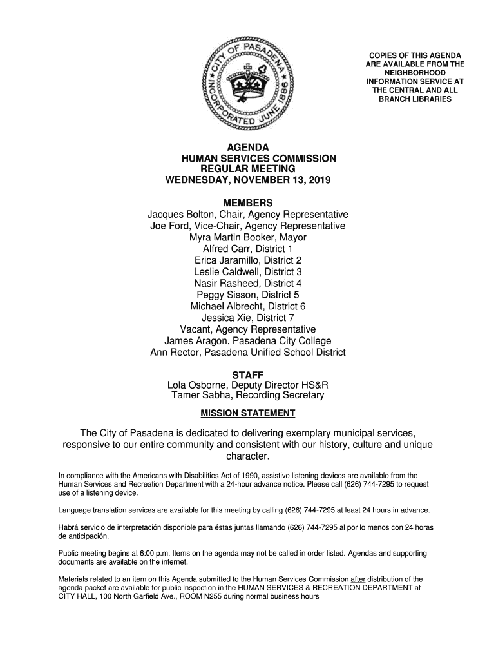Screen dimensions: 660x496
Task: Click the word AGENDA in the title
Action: (248, 148)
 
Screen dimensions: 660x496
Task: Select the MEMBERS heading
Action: (248, 202)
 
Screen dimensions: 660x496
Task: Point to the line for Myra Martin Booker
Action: (248, 237)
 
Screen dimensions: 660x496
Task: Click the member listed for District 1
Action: (248, 249)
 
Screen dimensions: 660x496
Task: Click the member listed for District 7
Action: (248, 318)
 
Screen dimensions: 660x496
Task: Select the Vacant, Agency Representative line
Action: (248, 329)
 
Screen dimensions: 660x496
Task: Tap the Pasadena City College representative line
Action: (248, 341)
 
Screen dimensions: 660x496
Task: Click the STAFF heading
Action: (248, 375)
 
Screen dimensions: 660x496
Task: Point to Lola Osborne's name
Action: (195, 385)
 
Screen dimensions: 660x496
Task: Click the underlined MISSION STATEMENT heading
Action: (248, 413)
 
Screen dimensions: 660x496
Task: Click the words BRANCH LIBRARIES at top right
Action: (415, 99)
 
